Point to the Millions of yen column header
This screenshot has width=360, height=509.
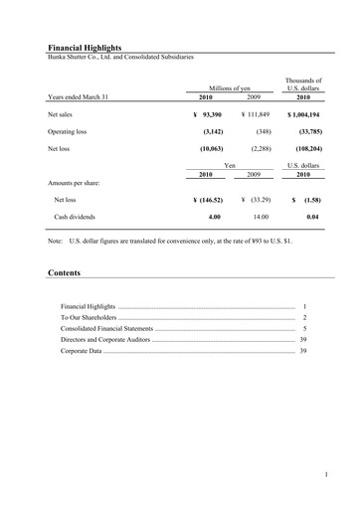(x=230, y=89)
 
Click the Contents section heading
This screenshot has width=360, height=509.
(x=64, y=271)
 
